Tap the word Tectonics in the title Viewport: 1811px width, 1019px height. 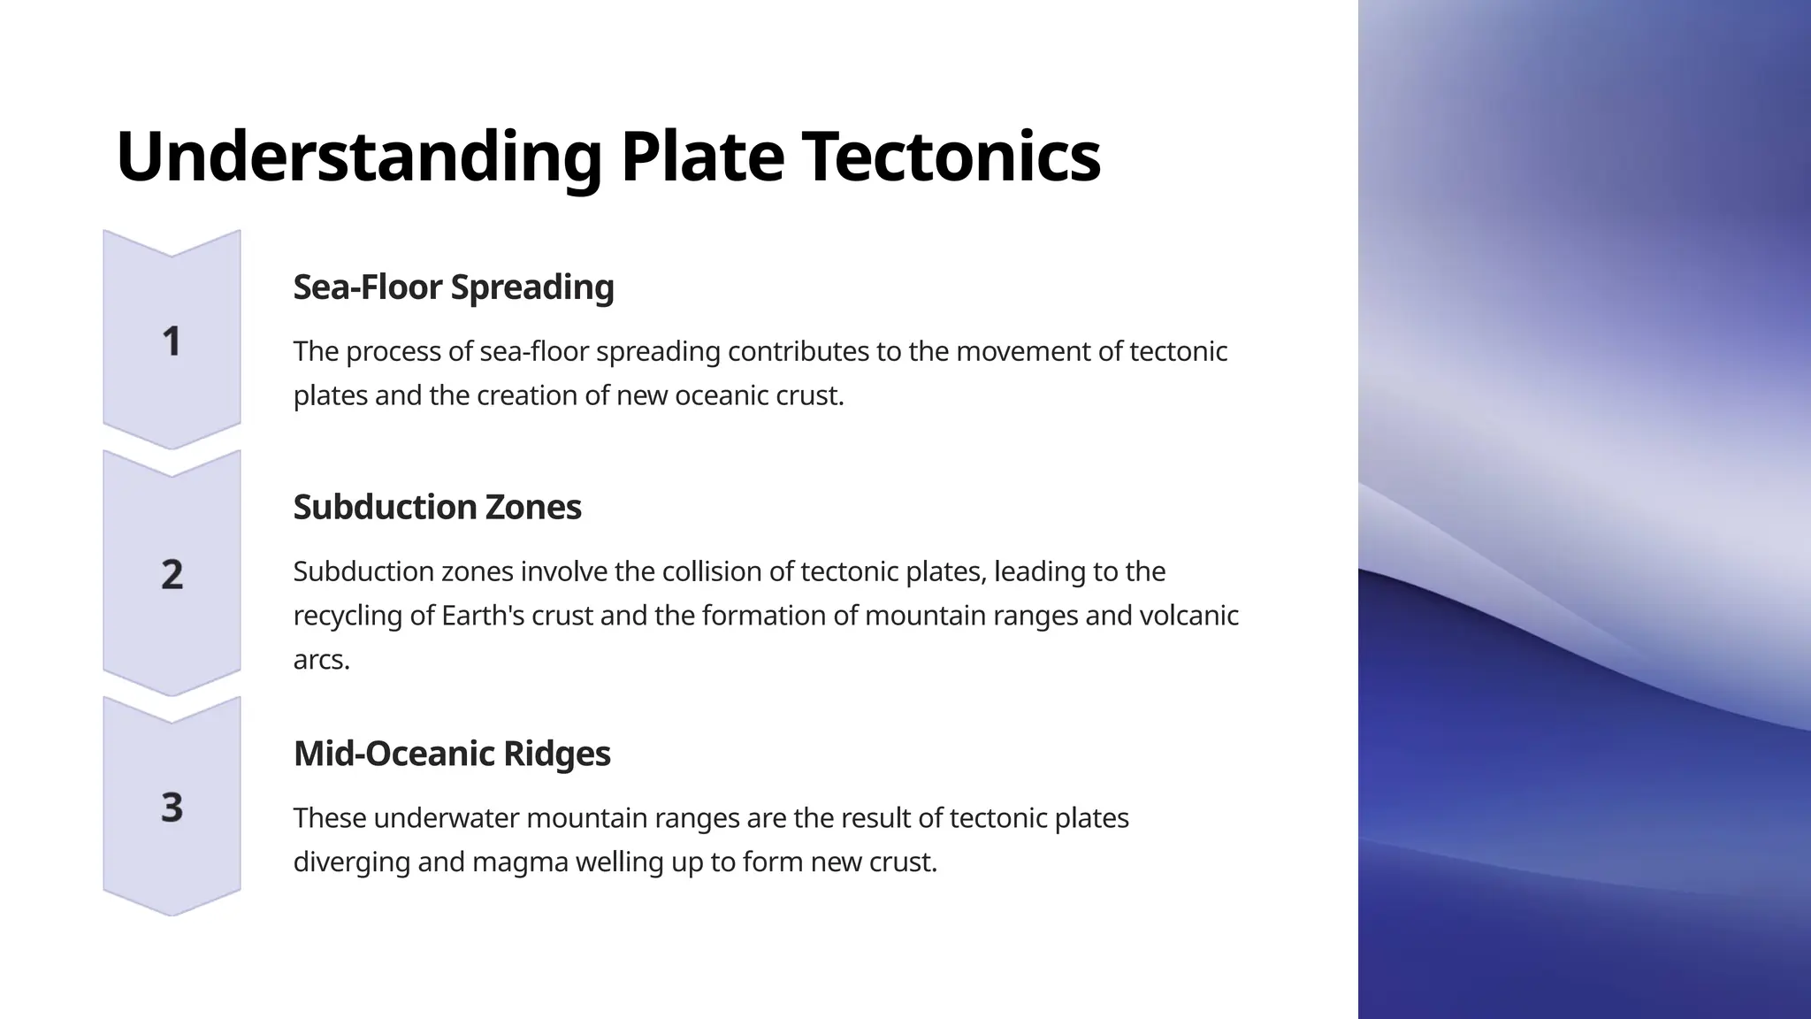951,157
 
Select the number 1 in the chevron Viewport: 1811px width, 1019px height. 172,341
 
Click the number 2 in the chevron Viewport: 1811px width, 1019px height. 172,574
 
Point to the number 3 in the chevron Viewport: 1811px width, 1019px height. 172,808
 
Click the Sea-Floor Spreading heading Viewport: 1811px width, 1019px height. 453,287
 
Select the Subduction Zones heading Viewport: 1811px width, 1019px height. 437,508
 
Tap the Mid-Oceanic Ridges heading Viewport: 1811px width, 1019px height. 451,754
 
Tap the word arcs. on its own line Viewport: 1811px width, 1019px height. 321,660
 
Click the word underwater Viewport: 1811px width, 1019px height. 446,818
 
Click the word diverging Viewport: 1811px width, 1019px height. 351,862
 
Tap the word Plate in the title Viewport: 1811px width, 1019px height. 702,157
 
